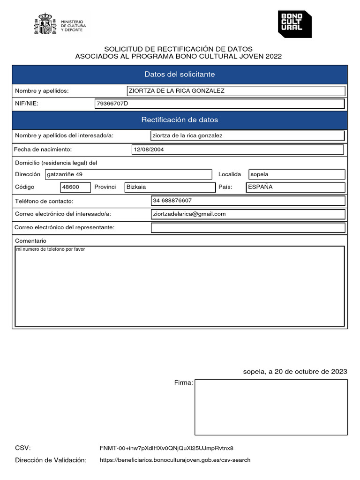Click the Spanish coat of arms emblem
45,24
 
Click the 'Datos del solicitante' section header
180,75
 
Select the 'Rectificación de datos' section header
180,120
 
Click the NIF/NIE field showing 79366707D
219,104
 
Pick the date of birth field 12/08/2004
238,150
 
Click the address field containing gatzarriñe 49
128,174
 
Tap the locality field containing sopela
297,174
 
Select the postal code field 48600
75,187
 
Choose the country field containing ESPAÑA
296,187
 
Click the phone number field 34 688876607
248,201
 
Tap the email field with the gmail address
248,214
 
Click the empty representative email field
248,228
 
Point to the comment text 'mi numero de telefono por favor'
51,249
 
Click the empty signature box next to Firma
271,407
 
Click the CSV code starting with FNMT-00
166,448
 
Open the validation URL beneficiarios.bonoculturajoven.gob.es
175,460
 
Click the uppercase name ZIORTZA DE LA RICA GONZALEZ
173,91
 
